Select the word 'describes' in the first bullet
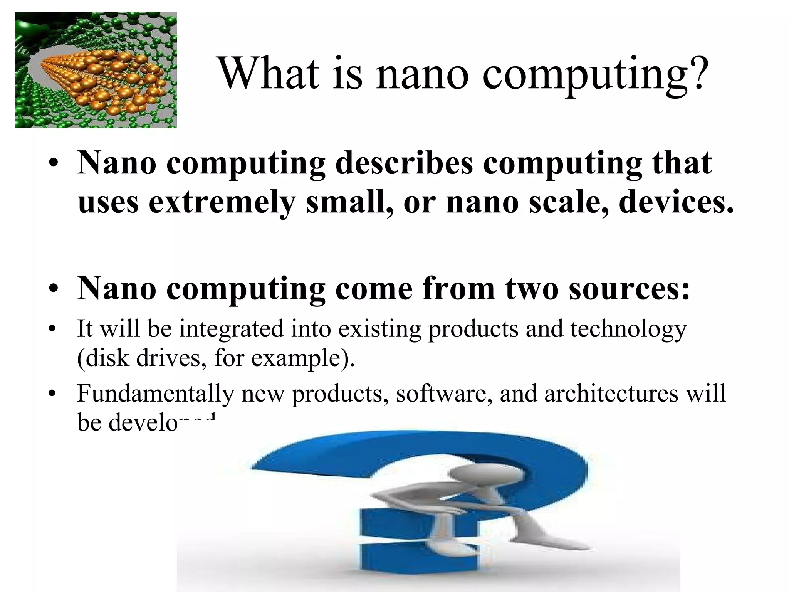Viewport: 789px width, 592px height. tap(404, 163)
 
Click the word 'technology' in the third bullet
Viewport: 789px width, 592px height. tap(628, 330)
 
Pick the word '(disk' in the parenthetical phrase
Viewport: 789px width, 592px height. tap(104, 358)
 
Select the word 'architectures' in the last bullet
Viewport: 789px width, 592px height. tap(611, 394)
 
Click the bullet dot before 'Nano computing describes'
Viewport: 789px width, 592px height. tap(54, 163)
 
